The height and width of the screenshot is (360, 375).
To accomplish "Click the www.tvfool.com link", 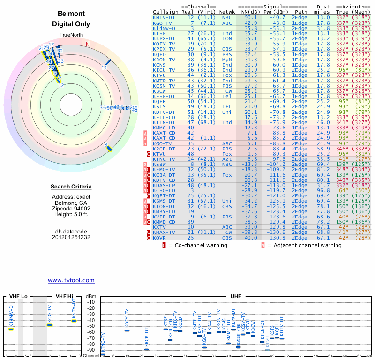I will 71,280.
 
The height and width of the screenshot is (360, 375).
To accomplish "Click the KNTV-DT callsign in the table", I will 164,17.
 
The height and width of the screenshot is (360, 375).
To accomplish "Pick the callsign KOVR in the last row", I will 161,238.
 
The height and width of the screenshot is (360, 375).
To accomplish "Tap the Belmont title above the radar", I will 71,14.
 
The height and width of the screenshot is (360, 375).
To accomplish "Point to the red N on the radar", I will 87,45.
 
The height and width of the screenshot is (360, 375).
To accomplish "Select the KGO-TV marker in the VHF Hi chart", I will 50,325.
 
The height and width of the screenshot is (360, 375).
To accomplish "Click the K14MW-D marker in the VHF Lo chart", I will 11,329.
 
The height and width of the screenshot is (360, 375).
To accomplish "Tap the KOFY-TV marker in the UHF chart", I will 127,330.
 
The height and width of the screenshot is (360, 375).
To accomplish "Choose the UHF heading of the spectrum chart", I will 236,296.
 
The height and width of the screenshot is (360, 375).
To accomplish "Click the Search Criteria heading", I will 71,187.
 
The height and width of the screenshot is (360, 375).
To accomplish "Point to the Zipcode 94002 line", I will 71,208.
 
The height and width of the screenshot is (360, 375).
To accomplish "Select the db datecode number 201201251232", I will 71,237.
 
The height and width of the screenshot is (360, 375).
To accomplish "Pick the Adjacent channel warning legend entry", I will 304,245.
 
